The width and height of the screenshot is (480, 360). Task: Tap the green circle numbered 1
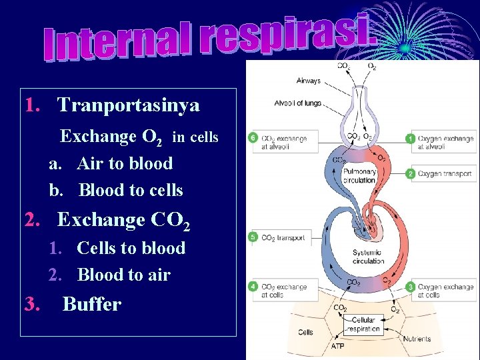(411, 138)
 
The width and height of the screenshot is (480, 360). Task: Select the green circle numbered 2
(411, 173)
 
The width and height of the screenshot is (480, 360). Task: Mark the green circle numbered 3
(411, 287)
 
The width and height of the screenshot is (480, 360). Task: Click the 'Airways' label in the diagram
(309, 81)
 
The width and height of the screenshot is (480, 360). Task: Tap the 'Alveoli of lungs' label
(297, 103)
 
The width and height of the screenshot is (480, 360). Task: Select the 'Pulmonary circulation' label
(360, 175)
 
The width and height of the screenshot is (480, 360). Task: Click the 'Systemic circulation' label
(369, 257)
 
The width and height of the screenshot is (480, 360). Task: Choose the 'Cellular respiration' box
(364, 325)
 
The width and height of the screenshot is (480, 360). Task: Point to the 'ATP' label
(339, 347)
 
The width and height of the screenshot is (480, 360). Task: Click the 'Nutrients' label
(417, 339)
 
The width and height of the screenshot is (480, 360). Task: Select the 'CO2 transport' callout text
(283, 237)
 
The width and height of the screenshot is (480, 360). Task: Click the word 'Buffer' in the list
(91, 305)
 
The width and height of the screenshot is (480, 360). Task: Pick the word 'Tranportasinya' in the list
(128, 105)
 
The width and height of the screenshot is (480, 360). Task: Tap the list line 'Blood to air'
(124, 275)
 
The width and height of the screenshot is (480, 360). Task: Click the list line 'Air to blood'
(125, 163)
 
